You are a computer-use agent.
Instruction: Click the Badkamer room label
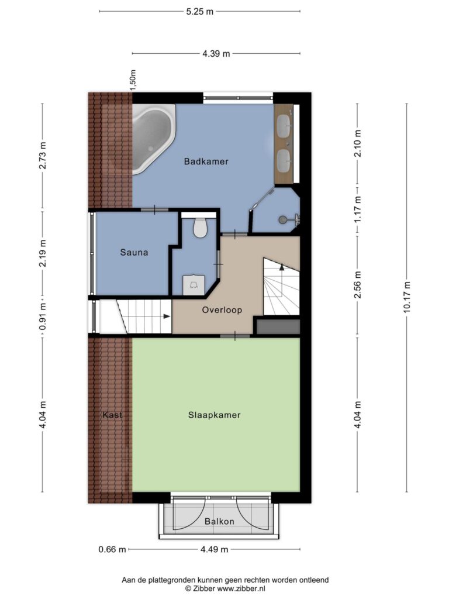pyautogui.click(x=206, y=161)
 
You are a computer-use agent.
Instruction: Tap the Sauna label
pyautogui.click(x=134, y=252)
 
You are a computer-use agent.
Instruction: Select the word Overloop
pyautogui.click(x=222, y=310)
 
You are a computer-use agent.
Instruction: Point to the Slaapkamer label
pyautogui.click(x=214, y=415)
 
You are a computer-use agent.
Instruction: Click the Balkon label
pyautogui.click(x=219, y=521)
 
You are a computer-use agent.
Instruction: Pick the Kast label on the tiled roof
pyautogui.click(x=112, y=415)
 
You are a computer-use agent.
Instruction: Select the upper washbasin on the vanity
pyautogui.click(x=284, y=126)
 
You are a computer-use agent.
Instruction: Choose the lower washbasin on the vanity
pyautogui.click(x=284, y=159)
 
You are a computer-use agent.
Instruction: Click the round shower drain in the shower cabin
pyautogui.click(x=282, y=220)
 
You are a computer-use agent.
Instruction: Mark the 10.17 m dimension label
pyautogui.click(x=407, y=297)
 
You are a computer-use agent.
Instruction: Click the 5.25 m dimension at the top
pyautogui.click(x=200, y=12)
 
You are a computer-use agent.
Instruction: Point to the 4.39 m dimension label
pyautogui.click(x=216, y=54)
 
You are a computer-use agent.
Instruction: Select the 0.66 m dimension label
pyautogui.click(x=112, y=549)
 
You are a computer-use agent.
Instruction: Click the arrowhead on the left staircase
pyautogui.click(x=167, y=316)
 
